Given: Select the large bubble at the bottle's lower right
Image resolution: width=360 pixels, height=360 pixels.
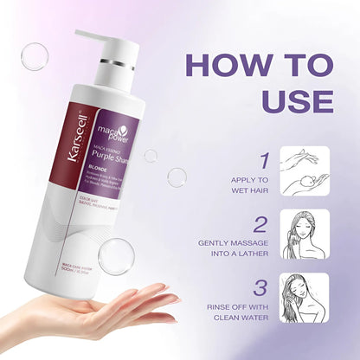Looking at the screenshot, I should (x=114, y=257).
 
